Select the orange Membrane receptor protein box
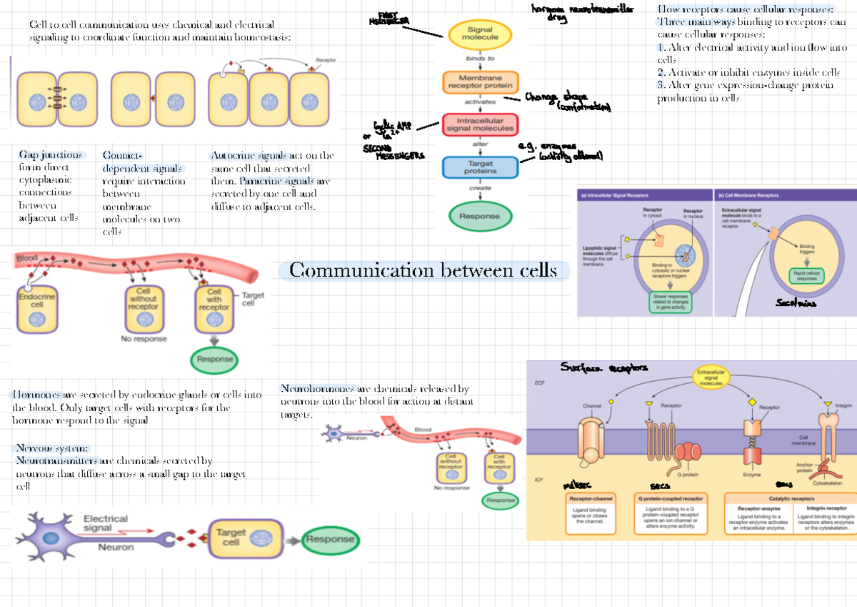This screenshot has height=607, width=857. pos(479,82)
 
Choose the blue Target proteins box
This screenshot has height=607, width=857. pos(479,167)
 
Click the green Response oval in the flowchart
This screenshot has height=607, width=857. pos(479,216)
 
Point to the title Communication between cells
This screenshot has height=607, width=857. pos(423,271)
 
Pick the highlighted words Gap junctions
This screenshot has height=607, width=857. pos(51,155)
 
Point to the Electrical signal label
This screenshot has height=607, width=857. pos(106,524)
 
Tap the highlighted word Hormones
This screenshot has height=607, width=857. pos(36,395)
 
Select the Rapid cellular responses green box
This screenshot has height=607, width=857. pos(806,276)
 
